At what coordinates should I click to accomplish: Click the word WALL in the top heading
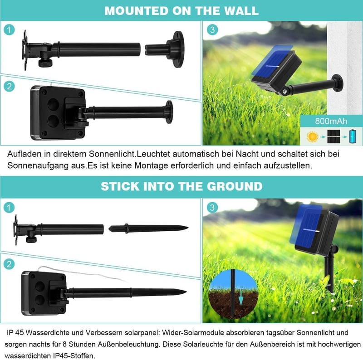(242, 10)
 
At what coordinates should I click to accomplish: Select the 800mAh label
(331, 121)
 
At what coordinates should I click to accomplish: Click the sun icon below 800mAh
(312, 136)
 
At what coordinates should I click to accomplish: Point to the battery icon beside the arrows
(353, 136)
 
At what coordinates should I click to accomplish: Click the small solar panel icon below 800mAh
(334, 136)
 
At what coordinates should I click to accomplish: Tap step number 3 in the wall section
(212, 29)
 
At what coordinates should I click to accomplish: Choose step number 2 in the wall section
(9, 86)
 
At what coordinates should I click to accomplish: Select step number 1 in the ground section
(9, 207)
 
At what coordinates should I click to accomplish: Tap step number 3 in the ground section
(212, 207)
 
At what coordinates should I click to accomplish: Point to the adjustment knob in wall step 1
(45, 63)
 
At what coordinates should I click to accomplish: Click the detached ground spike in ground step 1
(148, 229)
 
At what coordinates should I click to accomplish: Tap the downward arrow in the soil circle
(241, 298)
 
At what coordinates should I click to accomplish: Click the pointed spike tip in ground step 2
(186, 292)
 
